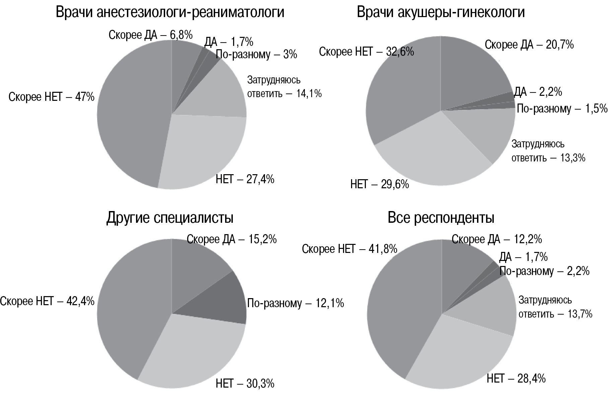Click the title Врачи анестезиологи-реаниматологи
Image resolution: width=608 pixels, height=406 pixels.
point(170,12)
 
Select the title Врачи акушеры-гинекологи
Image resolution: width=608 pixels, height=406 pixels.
point(441,12)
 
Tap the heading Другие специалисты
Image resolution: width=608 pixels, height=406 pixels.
point(170,218)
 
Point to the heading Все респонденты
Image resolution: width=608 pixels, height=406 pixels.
point(441,218)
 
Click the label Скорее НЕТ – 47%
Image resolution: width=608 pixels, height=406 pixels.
point(52,97)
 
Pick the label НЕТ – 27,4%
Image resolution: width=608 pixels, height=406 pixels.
point(245,179)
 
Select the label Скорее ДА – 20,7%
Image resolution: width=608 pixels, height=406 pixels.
point(529,45)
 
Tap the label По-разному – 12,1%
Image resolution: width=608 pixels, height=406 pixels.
point(295,303)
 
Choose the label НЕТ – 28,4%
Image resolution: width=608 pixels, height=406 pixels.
point(516,379)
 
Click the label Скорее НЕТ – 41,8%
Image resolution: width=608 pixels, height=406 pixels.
point(349,249)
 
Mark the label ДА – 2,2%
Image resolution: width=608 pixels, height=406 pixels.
point(538,92)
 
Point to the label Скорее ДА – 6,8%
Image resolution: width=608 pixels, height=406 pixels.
point(150,35)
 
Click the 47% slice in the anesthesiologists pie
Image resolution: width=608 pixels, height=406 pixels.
point(131,117)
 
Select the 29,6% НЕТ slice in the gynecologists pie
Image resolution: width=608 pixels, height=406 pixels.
point(432,154)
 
